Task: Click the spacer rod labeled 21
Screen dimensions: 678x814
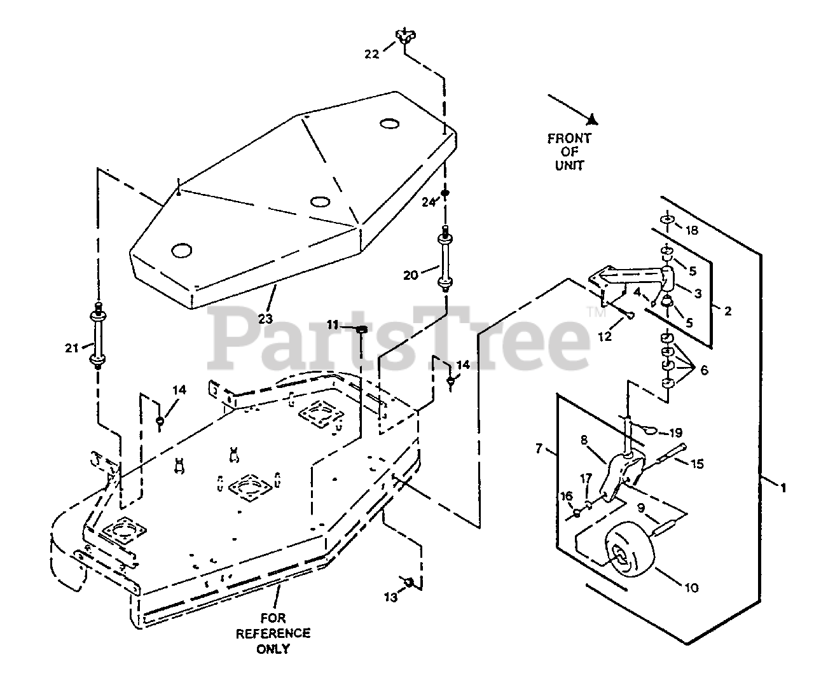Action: pos(99,333)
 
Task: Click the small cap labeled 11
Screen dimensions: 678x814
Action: pos(360,329)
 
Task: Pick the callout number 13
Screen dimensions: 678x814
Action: pos(390,597)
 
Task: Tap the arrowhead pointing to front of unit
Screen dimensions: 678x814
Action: pos(591,119)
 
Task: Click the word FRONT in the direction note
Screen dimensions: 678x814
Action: pos(569,138)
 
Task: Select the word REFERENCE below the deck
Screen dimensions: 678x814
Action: pos(273,633)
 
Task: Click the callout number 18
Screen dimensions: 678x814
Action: pos(691,230)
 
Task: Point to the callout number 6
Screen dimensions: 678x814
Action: pos(704,371)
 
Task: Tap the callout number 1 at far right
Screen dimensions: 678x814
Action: pos(783,488)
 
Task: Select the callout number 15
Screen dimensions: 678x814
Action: pos(698,464)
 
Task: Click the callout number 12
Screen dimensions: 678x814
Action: pos(604,336)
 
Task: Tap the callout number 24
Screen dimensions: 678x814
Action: pos(430,202)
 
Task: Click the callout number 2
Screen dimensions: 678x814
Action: pos(728,311)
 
